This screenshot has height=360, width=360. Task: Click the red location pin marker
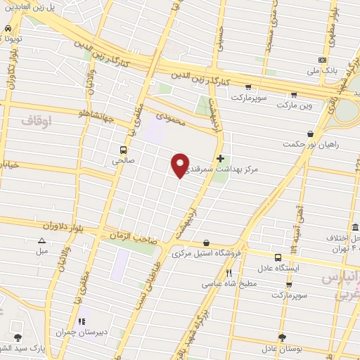click(x=181, y=165)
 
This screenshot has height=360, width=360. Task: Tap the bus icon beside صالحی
click(x=124, y=150)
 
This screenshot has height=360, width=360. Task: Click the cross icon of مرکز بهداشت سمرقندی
click(x=221, y=159)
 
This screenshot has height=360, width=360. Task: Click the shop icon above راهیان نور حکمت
click(x=310, y=134)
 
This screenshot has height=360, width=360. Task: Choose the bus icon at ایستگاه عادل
click(x=278, y=257)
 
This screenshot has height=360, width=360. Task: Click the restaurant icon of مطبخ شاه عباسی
click(x=229, y=272)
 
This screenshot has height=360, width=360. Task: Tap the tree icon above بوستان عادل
click(x=282, y=337)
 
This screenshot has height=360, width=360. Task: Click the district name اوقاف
click(x=37, y=121)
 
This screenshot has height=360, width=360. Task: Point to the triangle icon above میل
click(x=41, y=240)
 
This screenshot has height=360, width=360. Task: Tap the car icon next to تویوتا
click(x=7, y=28)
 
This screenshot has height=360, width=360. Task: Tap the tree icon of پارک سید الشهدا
click(x=18, y=338)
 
